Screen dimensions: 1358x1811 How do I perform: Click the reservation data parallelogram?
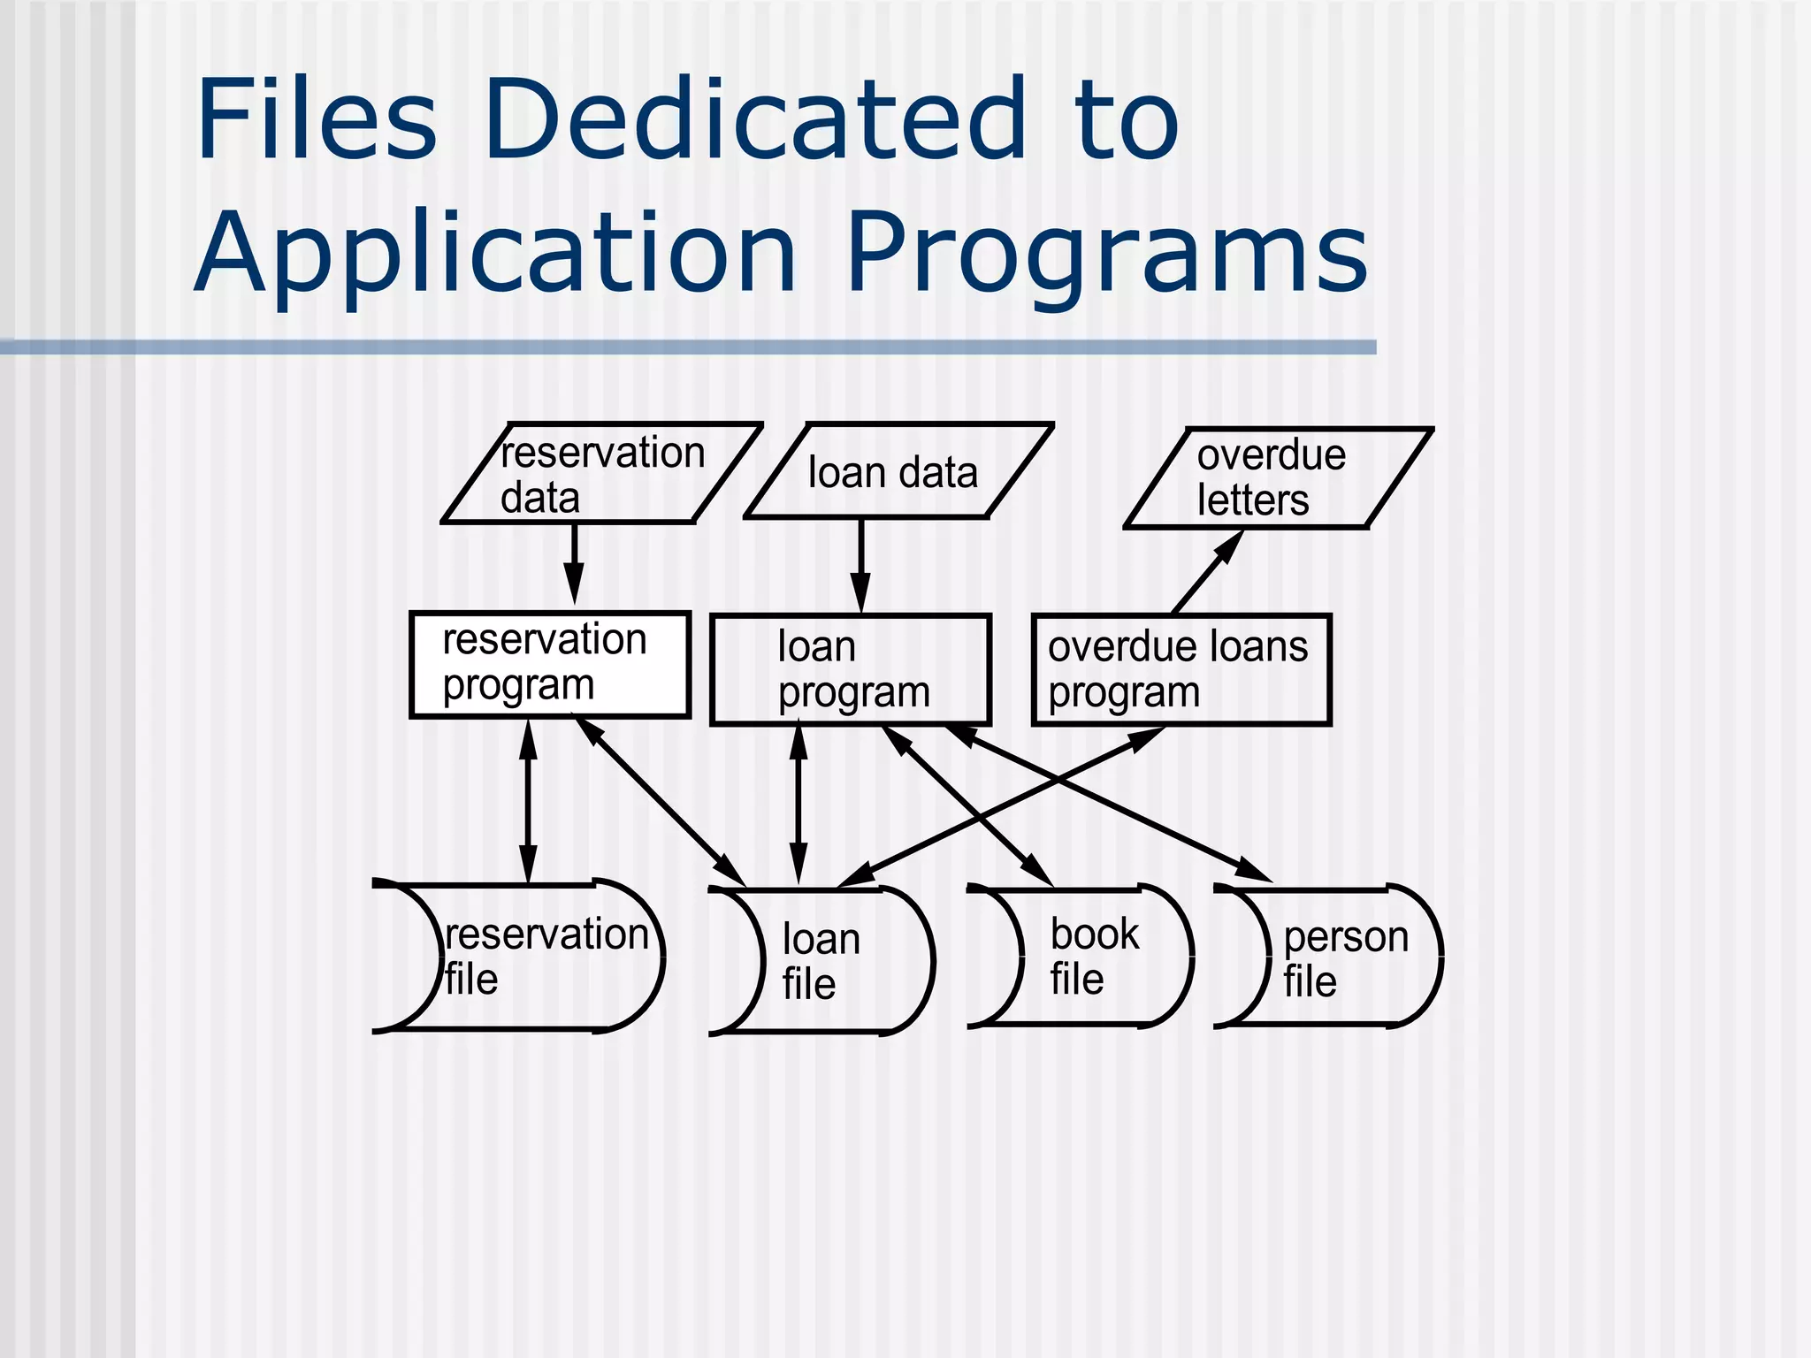601,474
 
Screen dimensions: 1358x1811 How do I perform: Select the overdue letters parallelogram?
1277,478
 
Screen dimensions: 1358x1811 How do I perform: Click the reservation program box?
549,664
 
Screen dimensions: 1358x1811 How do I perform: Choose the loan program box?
850,669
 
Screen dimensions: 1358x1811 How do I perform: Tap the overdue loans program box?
1181,670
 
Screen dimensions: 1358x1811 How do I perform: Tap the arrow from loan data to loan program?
860,566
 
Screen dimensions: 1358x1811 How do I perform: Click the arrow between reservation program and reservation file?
528,800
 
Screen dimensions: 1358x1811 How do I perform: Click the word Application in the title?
496,255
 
